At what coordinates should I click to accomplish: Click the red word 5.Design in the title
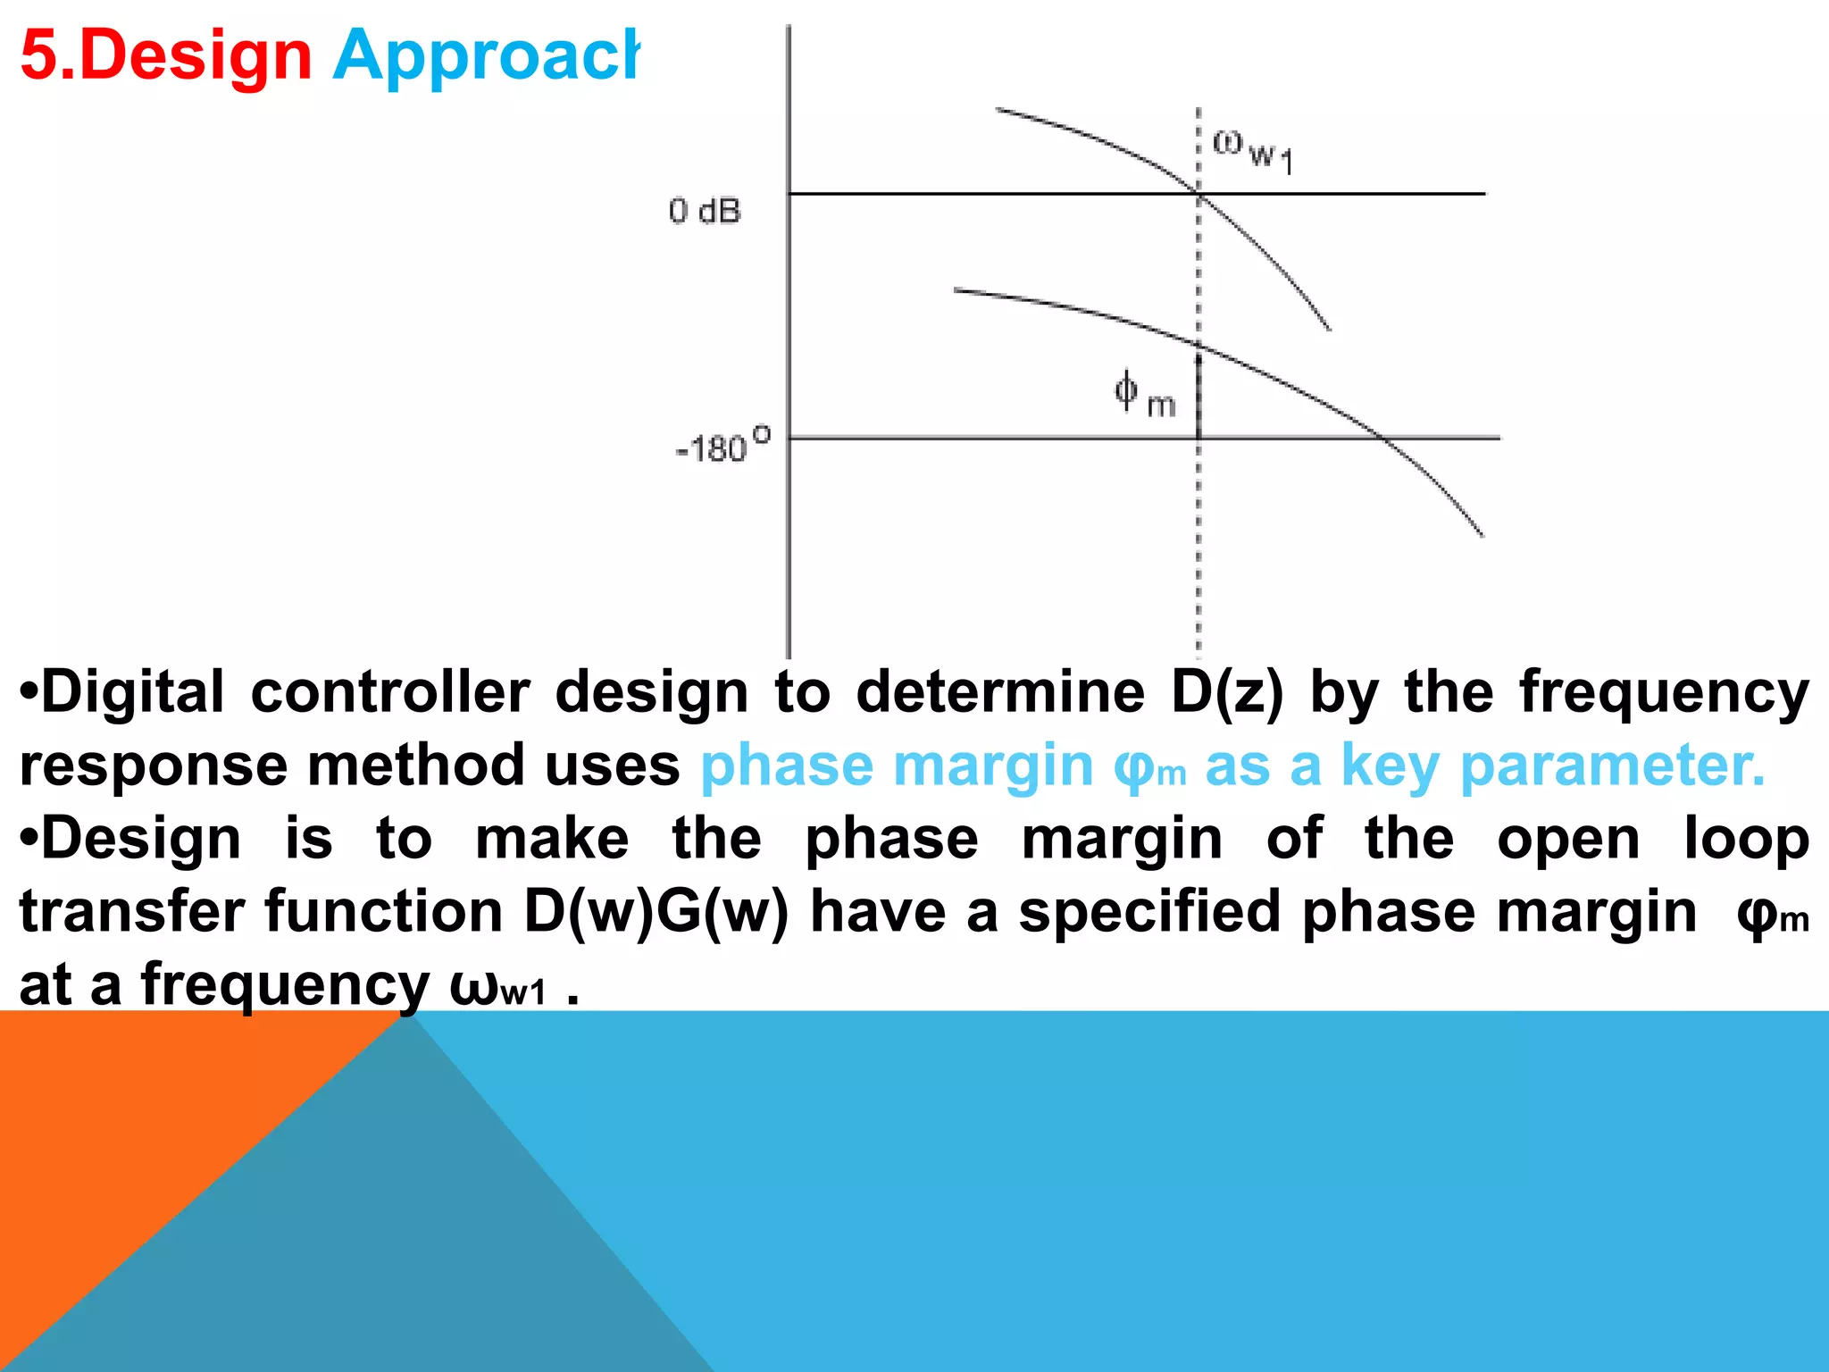[x=166, y=55]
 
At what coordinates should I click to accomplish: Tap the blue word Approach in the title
[x=487, y=55]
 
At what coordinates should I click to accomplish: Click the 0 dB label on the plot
[x=705, y=212]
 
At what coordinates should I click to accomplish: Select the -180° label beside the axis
[x=722, y=446]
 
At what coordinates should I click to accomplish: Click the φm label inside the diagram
[x=1144, y=395]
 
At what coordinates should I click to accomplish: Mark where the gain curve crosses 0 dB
[x=1198, y=194]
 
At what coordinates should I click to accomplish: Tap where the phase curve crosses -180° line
[x=1383, y=438]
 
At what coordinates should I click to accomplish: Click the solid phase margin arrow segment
[x=1198, y=393]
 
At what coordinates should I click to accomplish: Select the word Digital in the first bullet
[x=132, y=692]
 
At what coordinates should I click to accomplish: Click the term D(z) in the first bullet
[x=1227, y=692]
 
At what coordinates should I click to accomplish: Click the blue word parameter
[x=1613, y=766]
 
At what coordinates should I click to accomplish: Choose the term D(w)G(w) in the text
[x=656, y=912]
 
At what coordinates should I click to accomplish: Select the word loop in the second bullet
[x=1746, y=840]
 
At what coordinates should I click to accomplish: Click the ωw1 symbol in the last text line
[x=497, y=986]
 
